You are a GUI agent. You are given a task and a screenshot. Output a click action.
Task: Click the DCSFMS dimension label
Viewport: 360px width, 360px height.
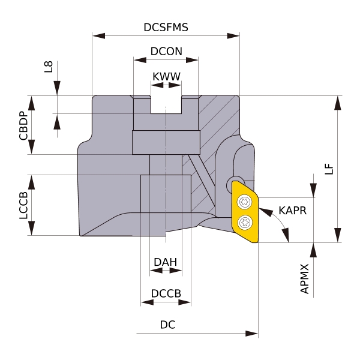165,28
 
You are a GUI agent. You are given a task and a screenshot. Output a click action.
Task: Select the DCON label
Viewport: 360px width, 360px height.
166,52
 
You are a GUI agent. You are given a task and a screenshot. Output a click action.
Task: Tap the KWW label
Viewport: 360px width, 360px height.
166,77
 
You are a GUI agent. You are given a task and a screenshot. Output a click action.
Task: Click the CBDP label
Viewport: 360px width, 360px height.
23,125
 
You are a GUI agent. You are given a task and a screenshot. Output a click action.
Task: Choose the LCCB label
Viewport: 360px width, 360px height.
23,205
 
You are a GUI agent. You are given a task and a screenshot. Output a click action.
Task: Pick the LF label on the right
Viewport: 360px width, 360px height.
328,170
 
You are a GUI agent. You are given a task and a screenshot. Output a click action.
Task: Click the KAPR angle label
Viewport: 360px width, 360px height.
292,211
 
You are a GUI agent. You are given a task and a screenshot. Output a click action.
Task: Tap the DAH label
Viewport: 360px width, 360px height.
165,262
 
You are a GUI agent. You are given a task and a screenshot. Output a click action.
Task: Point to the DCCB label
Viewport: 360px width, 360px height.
166,293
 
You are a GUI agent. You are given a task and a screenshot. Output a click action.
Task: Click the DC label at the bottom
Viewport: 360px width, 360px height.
167,325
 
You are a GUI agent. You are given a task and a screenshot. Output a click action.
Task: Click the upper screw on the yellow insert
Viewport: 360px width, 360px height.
244,202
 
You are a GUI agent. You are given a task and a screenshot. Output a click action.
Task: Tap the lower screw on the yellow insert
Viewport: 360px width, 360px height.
244,223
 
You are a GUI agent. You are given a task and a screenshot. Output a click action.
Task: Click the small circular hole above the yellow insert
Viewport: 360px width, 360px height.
231,182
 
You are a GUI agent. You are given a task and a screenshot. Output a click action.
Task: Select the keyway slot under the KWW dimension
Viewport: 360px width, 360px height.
166,104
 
